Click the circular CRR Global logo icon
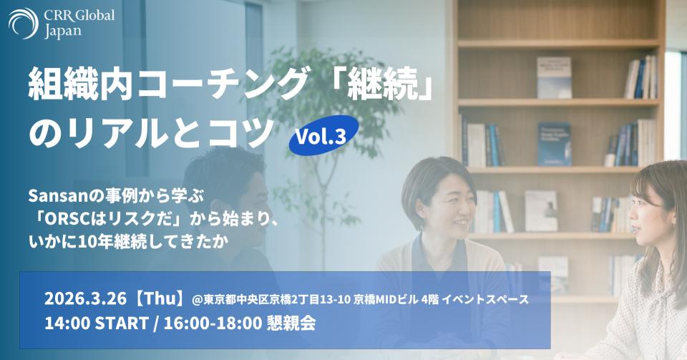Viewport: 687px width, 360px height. (x=23, y=23)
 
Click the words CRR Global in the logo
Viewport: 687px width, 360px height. (x=79, y=16)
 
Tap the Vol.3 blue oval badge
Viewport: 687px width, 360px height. (x=323, y=135)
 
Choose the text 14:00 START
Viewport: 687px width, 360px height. (x=97, y=323)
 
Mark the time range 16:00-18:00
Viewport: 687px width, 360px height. (x=213, y=323)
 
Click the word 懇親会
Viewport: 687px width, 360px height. (x=291, y=323)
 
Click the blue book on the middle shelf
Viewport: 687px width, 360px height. (x=554, y=144)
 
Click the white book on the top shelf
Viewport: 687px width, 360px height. (x=554, y=77)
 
